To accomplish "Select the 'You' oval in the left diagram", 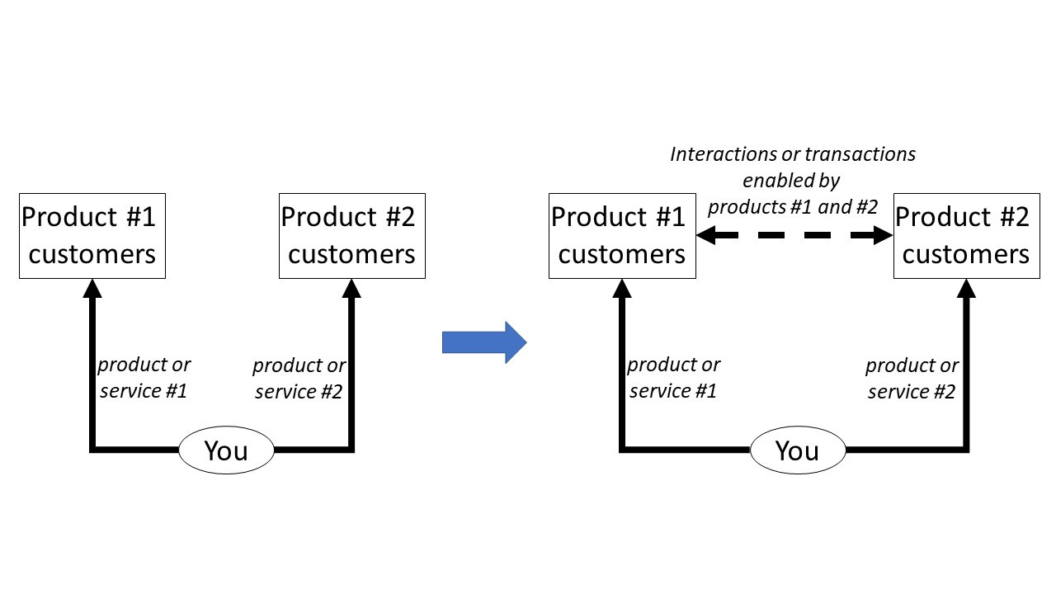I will [226, 450].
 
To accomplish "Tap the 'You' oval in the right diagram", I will [798, 450].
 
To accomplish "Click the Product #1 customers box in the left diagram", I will [92, 236].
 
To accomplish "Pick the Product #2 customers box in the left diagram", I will [351, 236].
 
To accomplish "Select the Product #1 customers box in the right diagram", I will [621, 236].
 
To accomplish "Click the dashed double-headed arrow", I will [794, 236].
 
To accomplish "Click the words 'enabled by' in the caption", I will [790, 181].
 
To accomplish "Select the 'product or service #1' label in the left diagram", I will [144, 378].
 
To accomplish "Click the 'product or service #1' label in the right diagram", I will [673, 378].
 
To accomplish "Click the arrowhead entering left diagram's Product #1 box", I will [92, 287].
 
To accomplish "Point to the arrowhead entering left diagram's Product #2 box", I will [352, 287].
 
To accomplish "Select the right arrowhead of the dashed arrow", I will [883, 236].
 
